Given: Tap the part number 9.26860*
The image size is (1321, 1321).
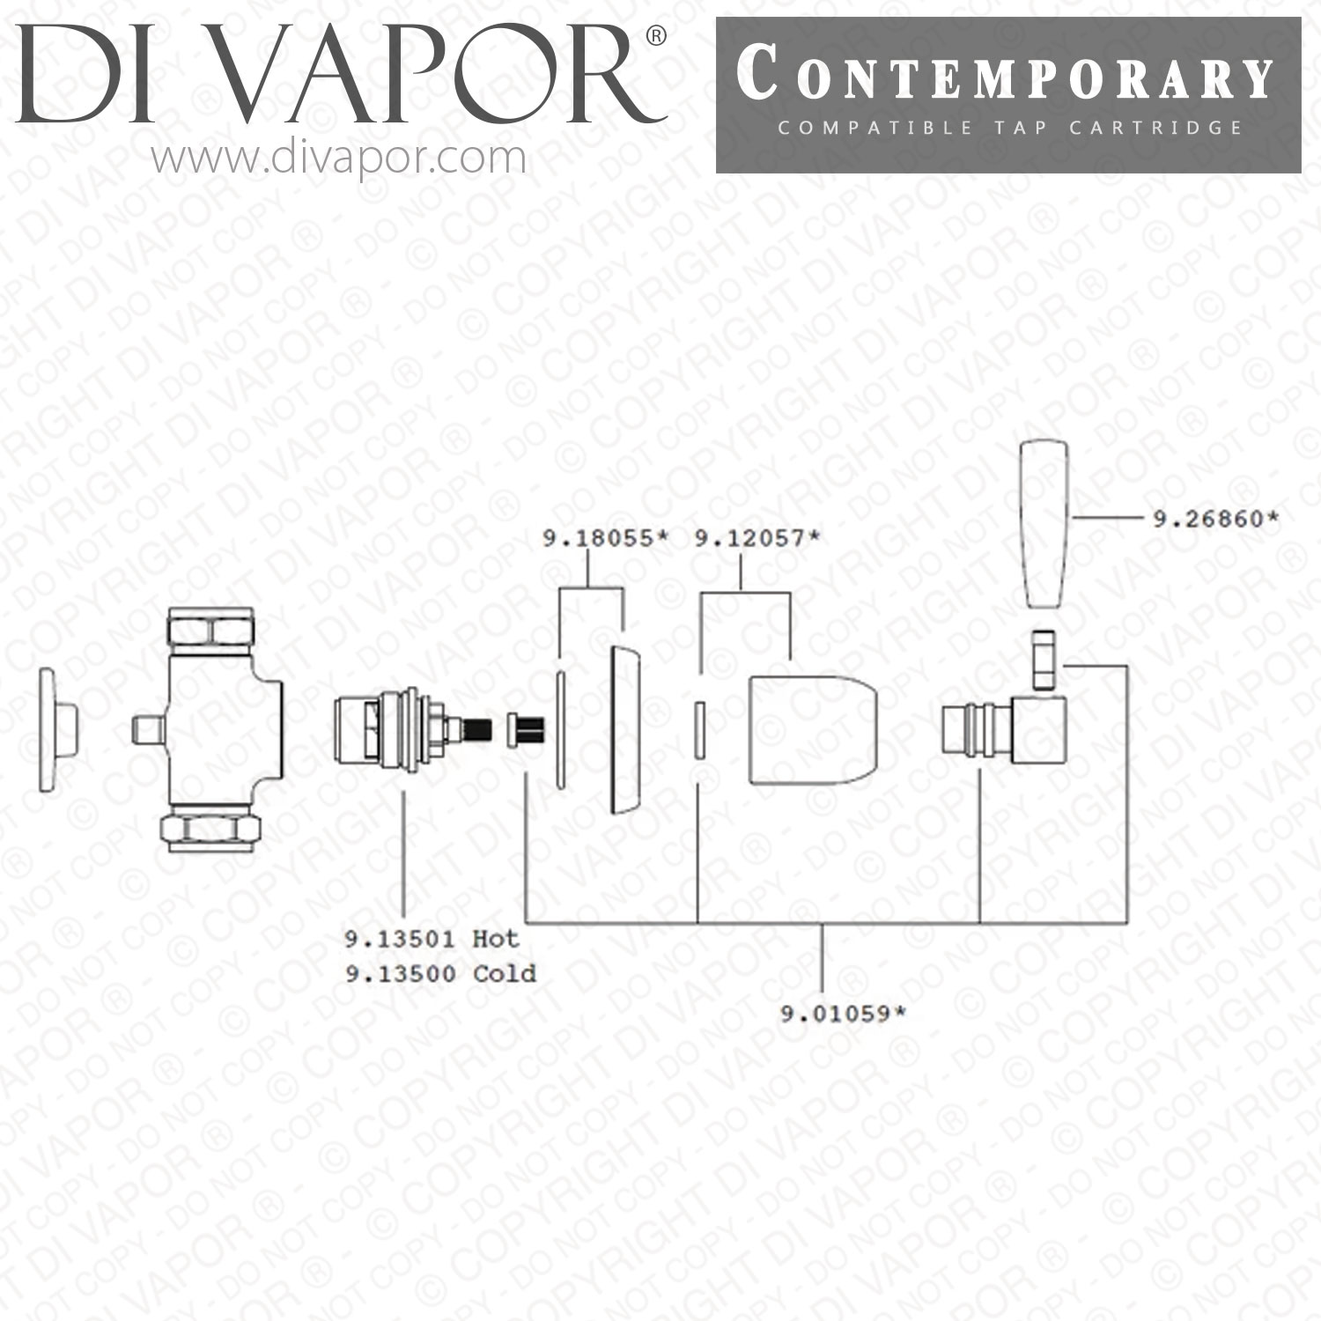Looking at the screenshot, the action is click(1215, 519).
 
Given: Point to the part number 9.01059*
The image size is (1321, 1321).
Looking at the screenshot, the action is click(844, 1014).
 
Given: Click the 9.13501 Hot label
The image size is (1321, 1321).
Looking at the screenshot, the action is click(432, 939).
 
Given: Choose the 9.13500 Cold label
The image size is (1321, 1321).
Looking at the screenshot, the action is click(439, 973).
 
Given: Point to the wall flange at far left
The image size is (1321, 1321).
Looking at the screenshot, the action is click(58, 730).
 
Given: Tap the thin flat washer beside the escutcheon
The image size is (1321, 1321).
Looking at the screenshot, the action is click(560, 730).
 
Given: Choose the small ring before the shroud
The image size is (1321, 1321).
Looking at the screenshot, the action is click(700, 730).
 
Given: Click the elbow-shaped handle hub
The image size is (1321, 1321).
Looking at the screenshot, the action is click(1004, 730).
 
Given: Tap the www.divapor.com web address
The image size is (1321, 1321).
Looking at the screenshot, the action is click(338, 158).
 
